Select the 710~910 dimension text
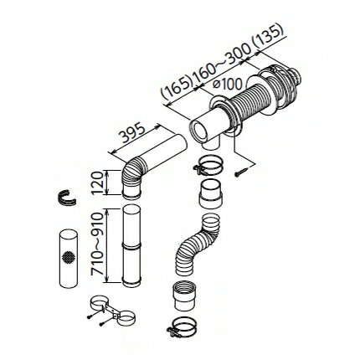(98, 245)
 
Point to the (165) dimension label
(177, 88)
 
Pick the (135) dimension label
(268, 37)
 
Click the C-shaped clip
(67, 198)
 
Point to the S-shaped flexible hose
(197, 245)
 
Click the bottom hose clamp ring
(182, 327)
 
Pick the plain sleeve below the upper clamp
(211, 193)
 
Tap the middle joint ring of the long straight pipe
(131, 245)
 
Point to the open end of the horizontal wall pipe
(200, 131)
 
